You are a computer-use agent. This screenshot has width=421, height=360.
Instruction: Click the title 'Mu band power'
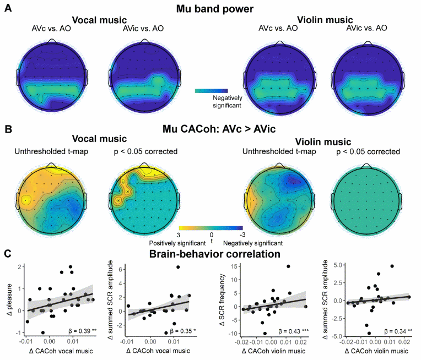(210, 9)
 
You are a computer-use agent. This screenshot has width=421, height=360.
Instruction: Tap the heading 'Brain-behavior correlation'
(210, 255)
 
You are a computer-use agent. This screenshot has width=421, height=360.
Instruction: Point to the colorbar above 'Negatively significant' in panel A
(210, 90)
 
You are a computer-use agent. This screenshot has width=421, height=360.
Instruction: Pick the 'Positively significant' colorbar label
(172, 242)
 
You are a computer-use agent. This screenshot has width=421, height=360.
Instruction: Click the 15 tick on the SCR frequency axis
(235, 267)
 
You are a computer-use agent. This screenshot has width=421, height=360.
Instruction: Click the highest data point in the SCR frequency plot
(288, 266)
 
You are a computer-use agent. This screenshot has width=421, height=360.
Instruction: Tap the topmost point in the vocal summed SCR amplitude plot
(178, 268)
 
